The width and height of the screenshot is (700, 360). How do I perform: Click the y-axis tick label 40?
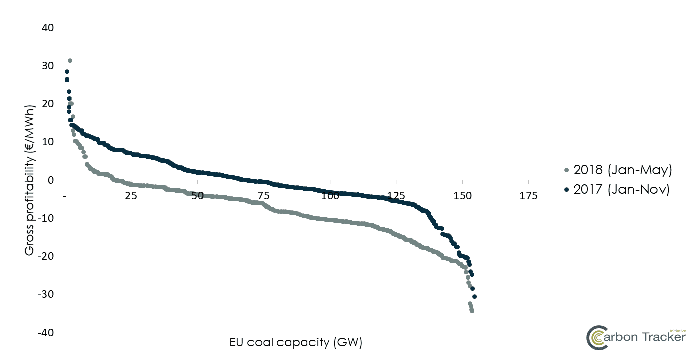point(48,28)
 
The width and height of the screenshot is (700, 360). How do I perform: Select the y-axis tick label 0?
point(51,180)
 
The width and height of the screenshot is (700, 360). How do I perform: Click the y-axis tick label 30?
point(48,66)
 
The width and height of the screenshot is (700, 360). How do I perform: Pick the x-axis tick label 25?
point(131,196)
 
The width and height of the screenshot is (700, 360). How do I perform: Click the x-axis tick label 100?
point(330,196)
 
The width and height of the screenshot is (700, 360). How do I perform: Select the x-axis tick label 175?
point(528,196)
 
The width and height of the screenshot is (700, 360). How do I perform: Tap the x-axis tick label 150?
point(462,196)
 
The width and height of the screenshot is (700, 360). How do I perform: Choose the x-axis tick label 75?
point(264,196)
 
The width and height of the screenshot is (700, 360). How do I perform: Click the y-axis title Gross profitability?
point(30,180)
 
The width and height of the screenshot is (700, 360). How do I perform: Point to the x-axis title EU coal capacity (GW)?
point(296,343)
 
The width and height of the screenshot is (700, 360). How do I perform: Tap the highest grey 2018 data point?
point(70,61)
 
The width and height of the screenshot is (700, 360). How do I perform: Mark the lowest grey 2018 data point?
point(472,311)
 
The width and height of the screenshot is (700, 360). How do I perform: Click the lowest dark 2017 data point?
point(474,296)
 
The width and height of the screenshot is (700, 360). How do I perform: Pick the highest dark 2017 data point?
point(67,72)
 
